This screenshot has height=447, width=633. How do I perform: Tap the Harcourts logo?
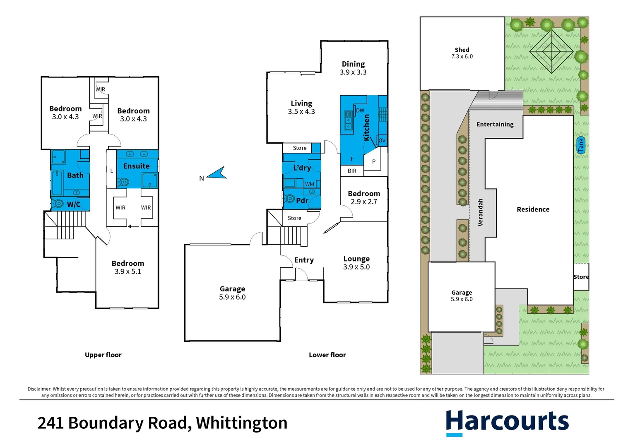(507, 422)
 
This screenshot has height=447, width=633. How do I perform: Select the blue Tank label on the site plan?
(580, 145)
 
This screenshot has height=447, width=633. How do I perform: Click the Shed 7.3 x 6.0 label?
(462, 53)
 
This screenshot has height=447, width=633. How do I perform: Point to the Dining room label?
(353, 64)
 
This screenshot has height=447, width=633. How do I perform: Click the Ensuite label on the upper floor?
(136, 166)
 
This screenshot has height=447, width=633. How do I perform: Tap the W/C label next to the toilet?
(73, 204)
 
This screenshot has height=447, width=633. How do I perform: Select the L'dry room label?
(302, 168)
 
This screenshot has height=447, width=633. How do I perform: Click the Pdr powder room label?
(302, 201)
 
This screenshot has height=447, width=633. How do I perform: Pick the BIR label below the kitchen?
(352, 171)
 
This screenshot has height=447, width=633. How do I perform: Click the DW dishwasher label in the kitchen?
(360, 111)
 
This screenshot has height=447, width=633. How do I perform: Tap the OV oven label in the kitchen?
(382, 141)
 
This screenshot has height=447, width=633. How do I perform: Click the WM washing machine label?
(309, 184)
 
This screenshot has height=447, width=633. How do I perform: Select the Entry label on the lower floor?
(304, 260)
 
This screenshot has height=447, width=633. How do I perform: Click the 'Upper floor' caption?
(103, 355)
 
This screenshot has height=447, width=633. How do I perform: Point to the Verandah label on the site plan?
(480, 212)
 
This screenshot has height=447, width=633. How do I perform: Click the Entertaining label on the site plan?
(495, 124)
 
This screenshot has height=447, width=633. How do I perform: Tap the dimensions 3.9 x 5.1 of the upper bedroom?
(128, 272)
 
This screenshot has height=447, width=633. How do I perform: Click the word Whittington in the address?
(241, 423)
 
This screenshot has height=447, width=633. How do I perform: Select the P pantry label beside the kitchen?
(373, 162)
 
